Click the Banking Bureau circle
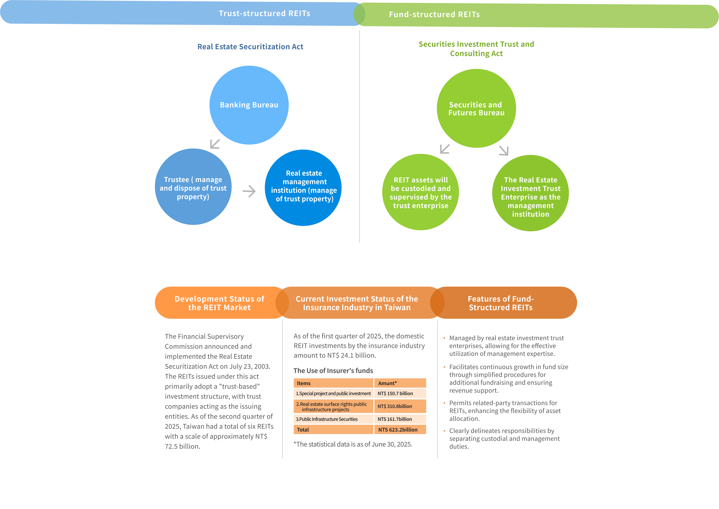[x=249, y=105]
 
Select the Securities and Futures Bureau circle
[x=476, y=109]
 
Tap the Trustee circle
[x=193, y=187]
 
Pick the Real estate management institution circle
[x=303, y=188]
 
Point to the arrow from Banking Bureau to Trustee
[x=215, y=144]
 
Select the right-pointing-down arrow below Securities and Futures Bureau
[x=504, y=150]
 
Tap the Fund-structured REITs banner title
[x=434, y=14]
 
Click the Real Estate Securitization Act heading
[x=250, y=47]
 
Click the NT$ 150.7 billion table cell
[x=400, y=393]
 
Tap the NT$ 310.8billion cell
[x=400, y=406]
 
